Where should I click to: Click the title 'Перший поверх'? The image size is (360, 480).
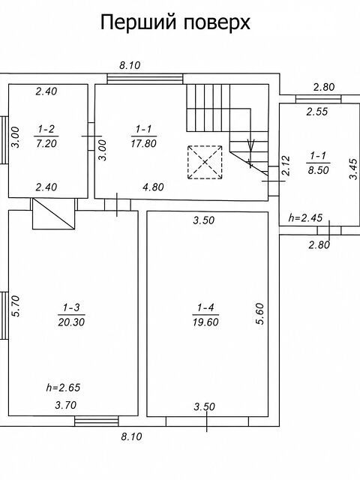(x=175, y=22)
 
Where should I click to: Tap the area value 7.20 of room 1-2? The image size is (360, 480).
(x=46, y=143)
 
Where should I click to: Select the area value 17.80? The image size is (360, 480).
(x=144, y=143)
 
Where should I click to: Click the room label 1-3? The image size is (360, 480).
(x=71, y=307)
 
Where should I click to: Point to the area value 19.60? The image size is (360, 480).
(x=205, y=322)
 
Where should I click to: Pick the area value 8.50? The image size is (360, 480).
(x=318, y=170)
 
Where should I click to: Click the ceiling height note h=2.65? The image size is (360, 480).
(x=63, y=388)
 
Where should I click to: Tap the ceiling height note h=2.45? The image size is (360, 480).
(x=305, y=217)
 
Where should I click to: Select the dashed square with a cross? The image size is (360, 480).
(x=205, y=162)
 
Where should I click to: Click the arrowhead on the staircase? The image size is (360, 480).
(x=251, y=145)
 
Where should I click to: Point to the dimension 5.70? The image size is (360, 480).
(x=16, y=306)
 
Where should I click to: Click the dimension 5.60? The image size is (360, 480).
(x=260, y=313)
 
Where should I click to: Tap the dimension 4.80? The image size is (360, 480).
(x=153, y=187)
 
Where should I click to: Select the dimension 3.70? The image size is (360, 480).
(x=65, y=405)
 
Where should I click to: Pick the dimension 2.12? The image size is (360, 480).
(x=286, y=166)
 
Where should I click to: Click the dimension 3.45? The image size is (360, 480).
(x=353, y=168)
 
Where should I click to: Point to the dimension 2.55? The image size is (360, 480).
(x=317, y=112)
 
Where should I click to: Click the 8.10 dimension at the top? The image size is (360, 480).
(x=130, y=65)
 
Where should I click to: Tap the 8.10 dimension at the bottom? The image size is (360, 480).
(x=131, y=436)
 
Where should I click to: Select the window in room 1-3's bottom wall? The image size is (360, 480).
(x=97, y=421)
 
